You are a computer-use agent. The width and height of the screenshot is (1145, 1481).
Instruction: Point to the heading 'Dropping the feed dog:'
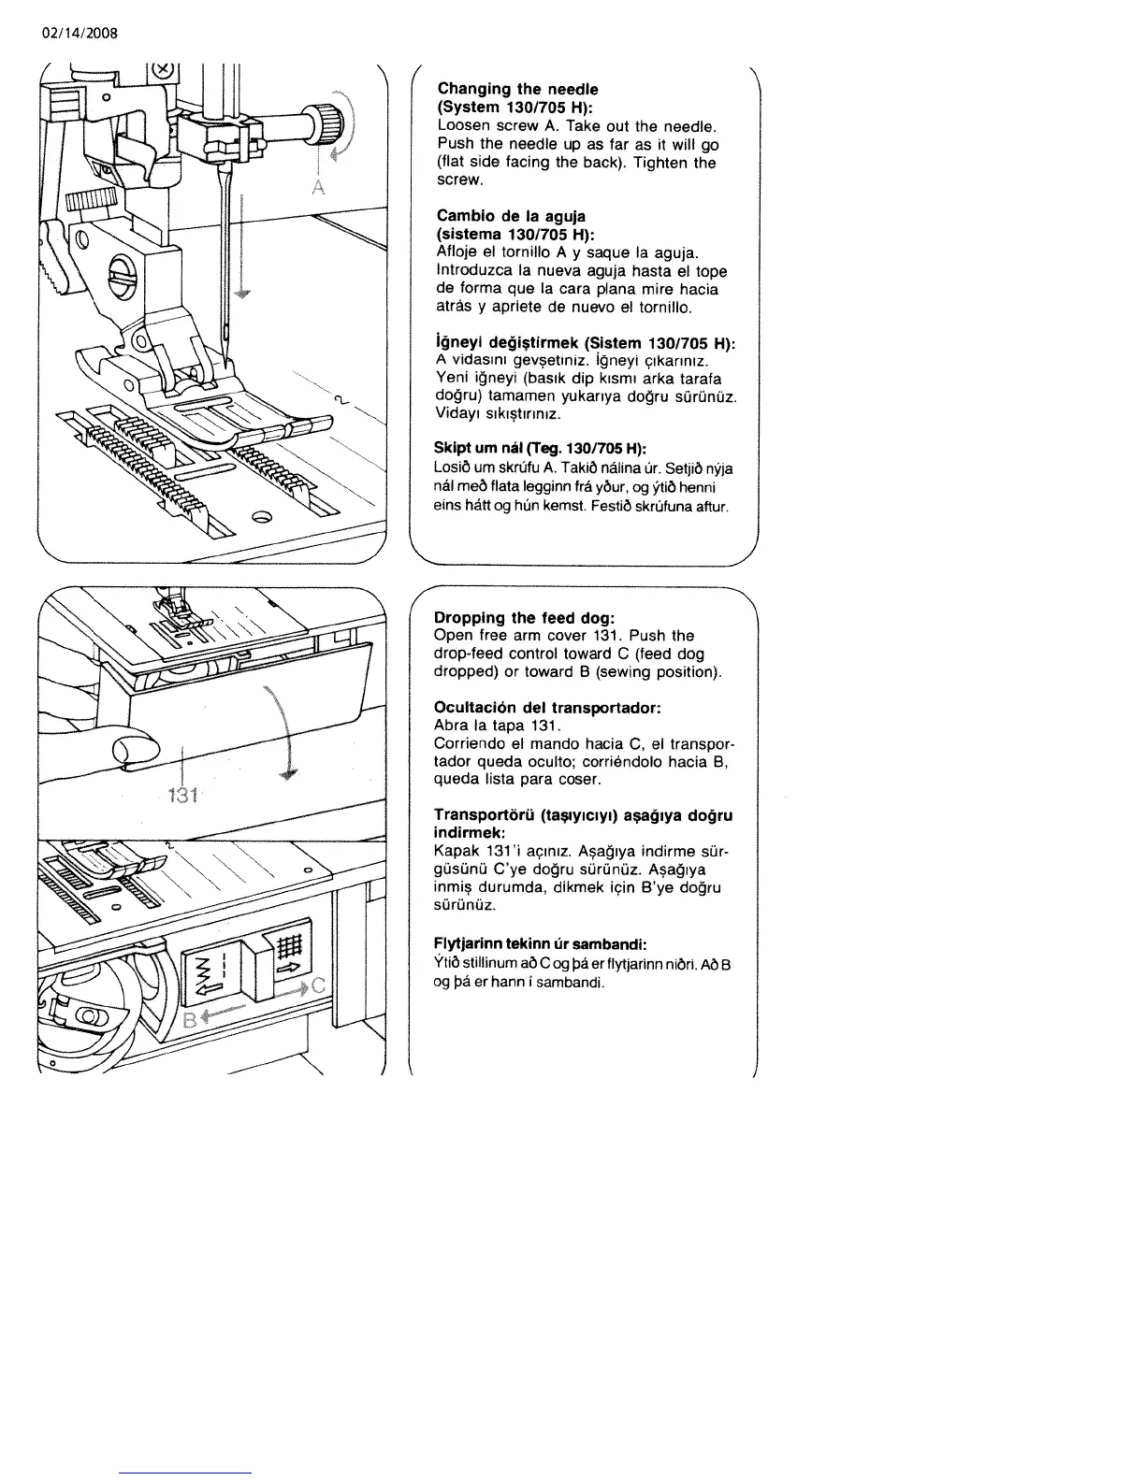tap(524, 618)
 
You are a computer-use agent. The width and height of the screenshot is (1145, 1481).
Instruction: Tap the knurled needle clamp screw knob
tap(332, 122)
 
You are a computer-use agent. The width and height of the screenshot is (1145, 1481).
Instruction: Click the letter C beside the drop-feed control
tap(317, 985)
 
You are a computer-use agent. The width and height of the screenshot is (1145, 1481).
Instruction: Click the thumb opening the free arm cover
tap(131, 748)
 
